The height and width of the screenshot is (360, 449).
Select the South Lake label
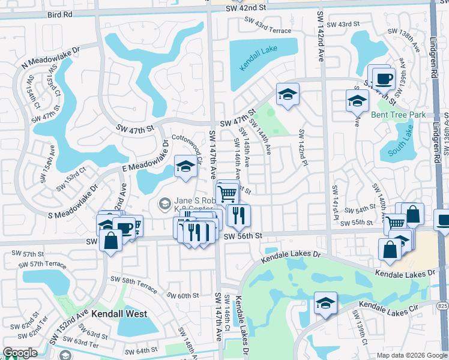402,144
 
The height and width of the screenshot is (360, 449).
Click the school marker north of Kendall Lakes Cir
325,302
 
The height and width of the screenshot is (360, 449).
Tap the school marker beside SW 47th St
288,94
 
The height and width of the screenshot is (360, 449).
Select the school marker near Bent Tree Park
357,100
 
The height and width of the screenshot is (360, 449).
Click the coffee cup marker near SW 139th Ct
383,78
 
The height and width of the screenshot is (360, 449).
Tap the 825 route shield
442,307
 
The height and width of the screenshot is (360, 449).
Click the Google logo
20,353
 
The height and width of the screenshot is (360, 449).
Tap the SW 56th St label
243,236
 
